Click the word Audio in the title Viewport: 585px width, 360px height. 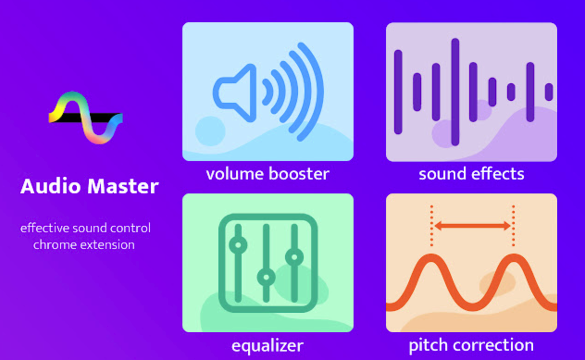pyautogui.click(x=50, y=186)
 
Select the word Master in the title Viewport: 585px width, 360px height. pyautogui.click(x=123, y=186)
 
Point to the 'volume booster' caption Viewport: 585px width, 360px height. pyautogui.click(x=268, y=174)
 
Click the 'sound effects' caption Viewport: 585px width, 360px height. pyautogui.click(x=472, y=174)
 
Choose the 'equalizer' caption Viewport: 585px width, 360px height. pyautogui.click(x=268, y=346)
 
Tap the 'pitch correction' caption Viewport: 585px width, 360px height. pyautogui.click(x=472, y=345)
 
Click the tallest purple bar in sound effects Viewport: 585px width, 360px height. pyautogui.click(x=455, y=92)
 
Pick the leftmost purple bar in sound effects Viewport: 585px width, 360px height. pyautogui.click(x=398, y=92)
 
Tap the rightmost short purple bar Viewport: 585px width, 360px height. pyautogui.click(x=549, y=92)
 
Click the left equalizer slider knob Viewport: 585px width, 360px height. pyautogui.click(x=238, y=245)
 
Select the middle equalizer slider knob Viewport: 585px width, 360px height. pyautogui.click(x=266, y=277)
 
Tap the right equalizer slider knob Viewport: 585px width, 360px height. pyautogui.click(x=294, y=257)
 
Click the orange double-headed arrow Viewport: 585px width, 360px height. pyautogui.click(x=473, y=226)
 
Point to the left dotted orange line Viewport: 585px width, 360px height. pyautogui.click(x=432, y=226)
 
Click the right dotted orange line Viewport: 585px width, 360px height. pyautogui.click(x=513, y=226)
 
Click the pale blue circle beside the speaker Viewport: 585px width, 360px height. pyautogui.click(x=210, y=131)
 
